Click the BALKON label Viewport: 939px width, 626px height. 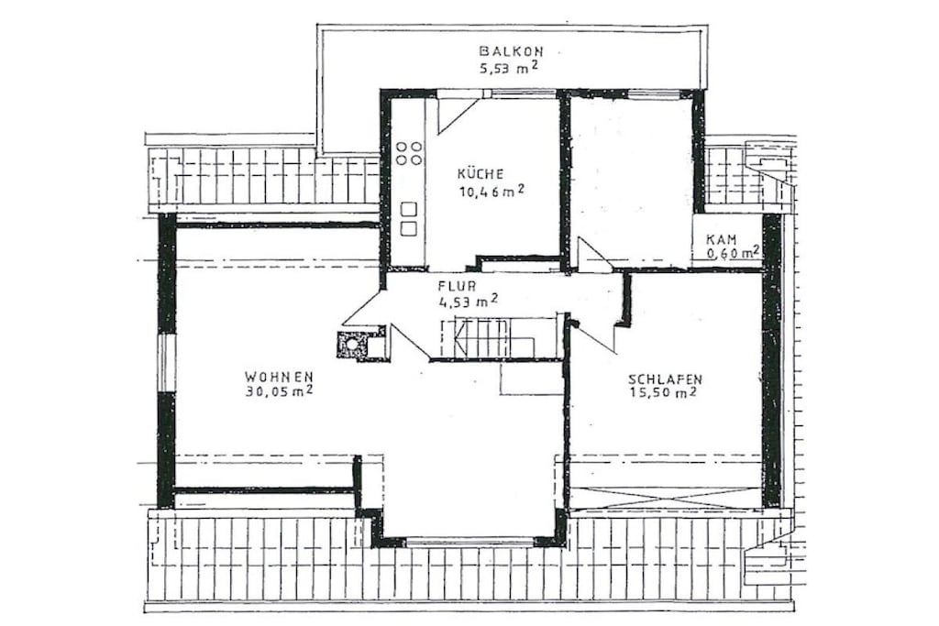[x=512, y=51]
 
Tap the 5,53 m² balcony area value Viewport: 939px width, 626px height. [x=508, y=68]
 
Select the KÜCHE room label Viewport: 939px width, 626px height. [x=481, y=174]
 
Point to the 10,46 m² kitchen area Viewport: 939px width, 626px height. [x=492, y=192]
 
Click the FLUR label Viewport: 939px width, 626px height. [x=457, y=286]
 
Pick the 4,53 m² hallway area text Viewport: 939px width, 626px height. [x=469, y=301]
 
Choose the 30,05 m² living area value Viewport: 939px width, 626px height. [x=280, y=392]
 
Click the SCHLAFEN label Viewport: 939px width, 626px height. [x=666, y=379]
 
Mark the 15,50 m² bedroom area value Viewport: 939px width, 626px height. [x=663, y=394]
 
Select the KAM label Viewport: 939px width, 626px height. [x=721, y=239]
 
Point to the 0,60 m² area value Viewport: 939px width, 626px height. [x=733, y=253]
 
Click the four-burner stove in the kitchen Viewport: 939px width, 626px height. [x=409, y=153]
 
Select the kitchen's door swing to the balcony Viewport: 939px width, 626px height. [x=458, y=114]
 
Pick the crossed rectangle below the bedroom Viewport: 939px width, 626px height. [x=666, y=498]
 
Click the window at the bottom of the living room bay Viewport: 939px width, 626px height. [x=469, y=543]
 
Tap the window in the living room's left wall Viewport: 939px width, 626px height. [x=165, y=363]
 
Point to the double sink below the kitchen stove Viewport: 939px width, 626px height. [x=409, y=219]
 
